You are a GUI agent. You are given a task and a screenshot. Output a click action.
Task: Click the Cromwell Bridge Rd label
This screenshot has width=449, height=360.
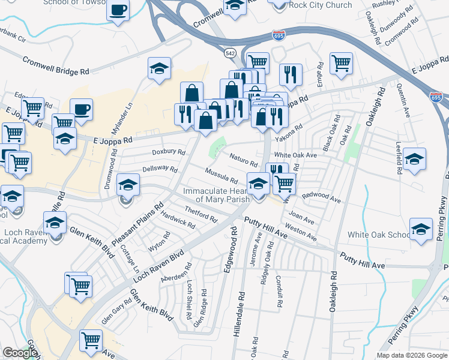tap(56, 66)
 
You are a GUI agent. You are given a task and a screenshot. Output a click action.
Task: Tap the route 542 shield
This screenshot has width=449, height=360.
tap(230, 53)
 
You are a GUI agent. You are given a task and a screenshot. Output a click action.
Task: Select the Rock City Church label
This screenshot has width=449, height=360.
tap(320, 5)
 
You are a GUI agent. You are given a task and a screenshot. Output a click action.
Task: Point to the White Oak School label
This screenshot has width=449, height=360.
tap(374, 235)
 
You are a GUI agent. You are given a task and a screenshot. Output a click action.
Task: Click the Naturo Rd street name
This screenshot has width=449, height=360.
tap(244, 160)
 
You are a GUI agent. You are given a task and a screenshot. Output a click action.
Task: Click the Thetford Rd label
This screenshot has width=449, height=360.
tap(200, 213)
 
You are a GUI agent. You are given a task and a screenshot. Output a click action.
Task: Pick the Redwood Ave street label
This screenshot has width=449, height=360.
tap(321, 197)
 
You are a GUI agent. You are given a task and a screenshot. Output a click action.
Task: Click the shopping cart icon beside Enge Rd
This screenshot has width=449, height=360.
tap(341, 63)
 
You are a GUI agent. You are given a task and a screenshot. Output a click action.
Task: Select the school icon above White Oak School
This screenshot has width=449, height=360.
tap(421, 229)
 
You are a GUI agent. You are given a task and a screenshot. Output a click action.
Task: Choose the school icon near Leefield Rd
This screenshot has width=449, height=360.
tap(414, 159)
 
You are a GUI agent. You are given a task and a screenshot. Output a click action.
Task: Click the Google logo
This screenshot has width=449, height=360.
tap(20, 353)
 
